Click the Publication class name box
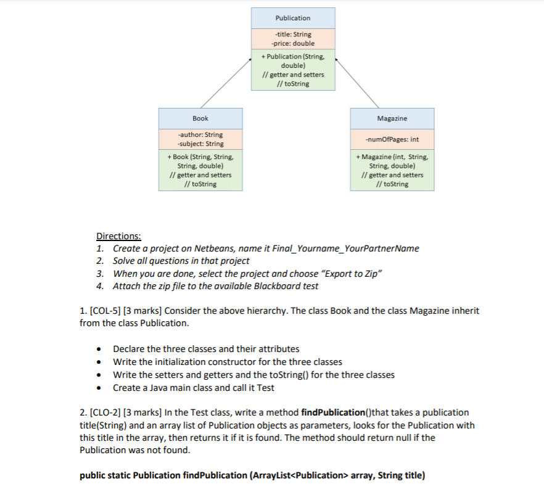[293, 18]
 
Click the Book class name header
[200, 118]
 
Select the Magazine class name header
[392, 118]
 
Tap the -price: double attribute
[293, 44]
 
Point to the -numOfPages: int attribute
[392, 139]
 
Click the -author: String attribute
[200, 134]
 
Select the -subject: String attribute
[200, 144]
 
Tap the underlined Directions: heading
[118, 236]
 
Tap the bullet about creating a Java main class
[194, 388]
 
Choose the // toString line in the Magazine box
[392, 184]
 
